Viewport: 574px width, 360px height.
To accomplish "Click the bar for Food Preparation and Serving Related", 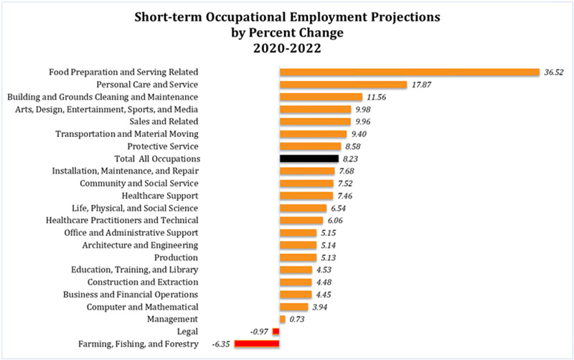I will (x=409, y=72).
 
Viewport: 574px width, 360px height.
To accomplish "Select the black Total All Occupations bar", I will (x=309, y=158).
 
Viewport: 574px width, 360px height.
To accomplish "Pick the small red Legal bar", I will (x=276, y=332).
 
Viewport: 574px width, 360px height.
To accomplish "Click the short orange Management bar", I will (x=283, y=319).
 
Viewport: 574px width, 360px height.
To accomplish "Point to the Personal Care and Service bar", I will (x=343, y=85).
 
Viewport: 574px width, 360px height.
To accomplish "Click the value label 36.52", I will (x=555, y=72).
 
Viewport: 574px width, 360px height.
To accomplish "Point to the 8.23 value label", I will (x=351, y=158).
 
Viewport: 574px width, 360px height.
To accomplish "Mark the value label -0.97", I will (x=259, y=332).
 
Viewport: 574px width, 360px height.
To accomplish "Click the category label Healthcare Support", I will (x=164, y=195).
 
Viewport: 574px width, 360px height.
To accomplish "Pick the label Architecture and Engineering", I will (x=141, y=245).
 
